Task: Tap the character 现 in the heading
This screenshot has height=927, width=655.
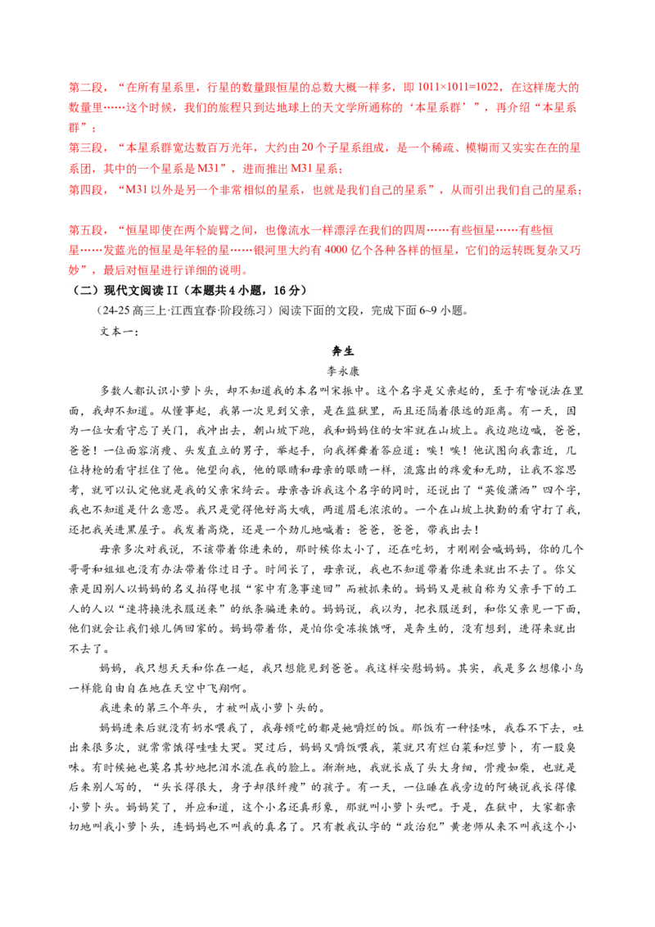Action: [101, 292]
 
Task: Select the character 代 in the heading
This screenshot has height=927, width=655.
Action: [113, 292]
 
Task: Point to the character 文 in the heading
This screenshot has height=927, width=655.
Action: [125, 292]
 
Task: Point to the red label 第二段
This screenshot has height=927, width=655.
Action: [81, 87]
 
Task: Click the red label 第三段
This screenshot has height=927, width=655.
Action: [81, 149]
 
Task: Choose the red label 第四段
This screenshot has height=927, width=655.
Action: [81, 191]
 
